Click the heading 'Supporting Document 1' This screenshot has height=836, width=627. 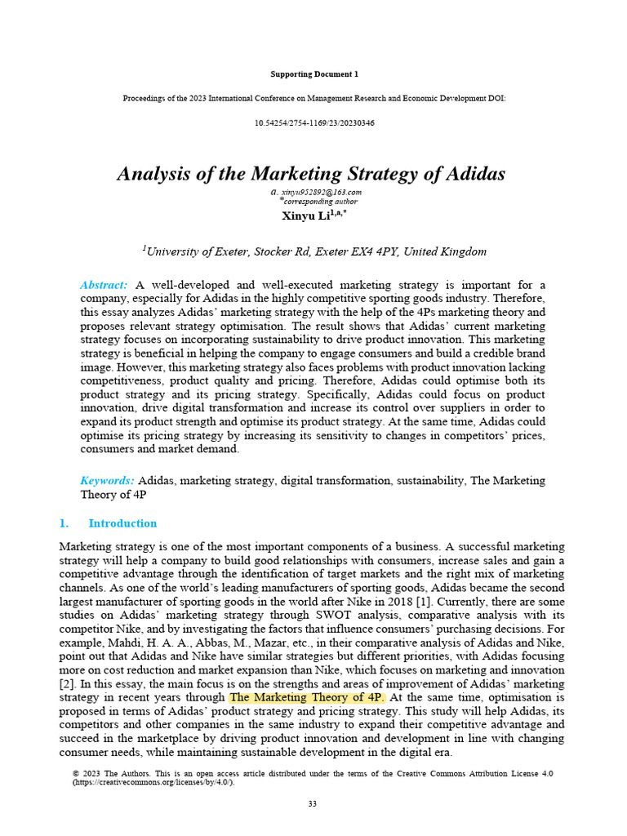coord(313,74)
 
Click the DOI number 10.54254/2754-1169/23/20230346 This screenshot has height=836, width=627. coord(314,122)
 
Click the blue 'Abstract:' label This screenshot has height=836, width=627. coord(104,285)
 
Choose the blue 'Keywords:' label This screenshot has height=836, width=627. coord(107,481)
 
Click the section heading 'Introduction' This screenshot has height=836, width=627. coord(122,523)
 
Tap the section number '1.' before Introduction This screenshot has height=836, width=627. coord(64,523)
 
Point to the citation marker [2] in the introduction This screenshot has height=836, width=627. coord(69,684)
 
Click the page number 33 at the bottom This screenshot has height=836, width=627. coord(312,804)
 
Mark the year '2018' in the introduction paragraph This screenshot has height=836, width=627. coord(411,602)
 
